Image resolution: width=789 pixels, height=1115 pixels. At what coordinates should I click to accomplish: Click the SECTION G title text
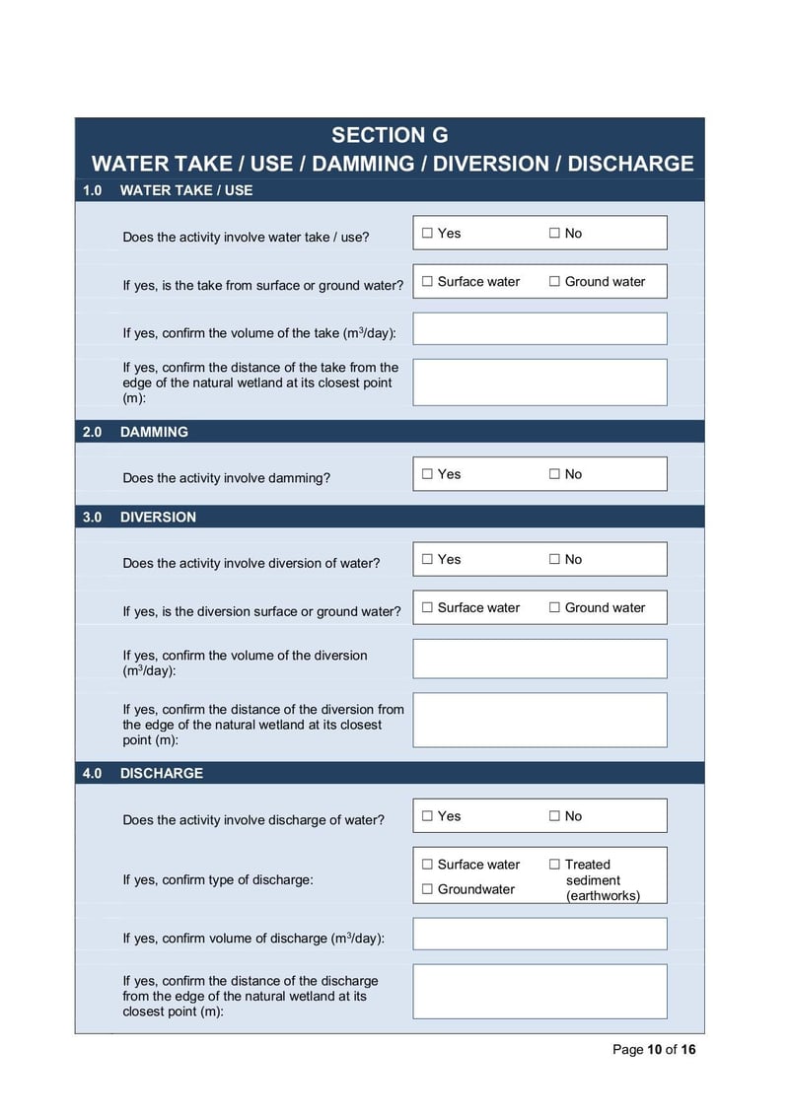tap(390, 136)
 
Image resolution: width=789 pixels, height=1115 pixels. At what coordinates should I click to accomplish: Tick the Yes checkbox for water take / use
tap(427, 234)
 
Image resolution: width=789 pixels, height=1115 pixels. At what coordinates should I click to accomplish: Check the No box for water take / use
tap(554, 234)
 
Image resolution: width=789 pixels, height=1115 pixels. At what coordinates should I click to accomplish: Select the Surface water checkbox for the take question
tap(427, 282)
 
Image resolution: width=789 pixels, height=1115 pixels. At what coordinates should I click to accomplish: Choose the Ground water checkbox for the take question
tap(554, 282)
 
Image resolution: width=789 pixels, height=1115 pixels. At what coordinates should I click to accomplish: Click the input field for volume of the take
tap(539, 329)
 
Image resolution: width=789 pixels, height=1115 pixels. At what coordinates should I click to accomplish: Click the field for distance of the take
tap(539, 383)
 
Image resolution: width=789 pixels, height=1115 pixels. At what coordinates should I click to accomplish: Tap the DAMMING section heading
tap(154, 432)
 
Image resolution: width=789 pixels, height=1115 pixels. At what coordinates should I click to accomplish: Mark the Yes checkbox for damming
tap(427, 474)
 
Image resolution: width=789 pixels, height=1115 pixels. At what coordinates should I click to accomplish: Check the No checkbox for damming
tap(554, 474)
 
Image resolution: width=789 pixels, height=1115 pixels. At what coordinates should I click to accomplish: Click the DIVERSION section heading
tap(158, 517)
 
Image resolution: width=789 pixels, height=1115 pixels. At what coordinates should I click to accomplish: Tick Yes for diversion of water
tap(427, 560)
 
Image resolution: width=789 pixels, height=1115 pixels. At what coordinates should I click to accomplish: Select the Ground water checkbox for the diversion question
tap(554, 608)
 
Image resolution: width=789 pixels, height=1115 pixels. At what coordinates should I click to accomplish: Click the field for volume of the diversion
tap(539, 659)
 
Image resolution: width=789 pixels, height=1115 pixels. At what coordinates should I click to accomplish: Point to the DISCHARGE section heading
tap(162, 773)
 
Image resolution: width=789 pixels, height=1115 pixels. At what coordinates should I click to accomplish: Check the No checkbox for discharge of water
tap(554, 816)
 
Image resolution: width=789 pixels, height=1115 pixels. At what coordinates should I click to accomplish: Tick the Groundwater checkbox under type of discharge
tap(427, 889)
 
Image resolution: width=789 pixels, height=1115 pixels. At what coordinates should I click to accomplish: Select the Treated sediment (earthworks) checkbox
tap(554, 865)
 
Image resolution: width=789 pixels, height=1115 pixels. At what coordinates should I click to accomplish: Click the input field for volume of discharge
tap(539, 934)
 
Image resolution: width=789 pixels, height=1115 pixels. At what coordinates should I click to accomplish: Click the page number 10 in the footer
tap(654, 1049)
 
